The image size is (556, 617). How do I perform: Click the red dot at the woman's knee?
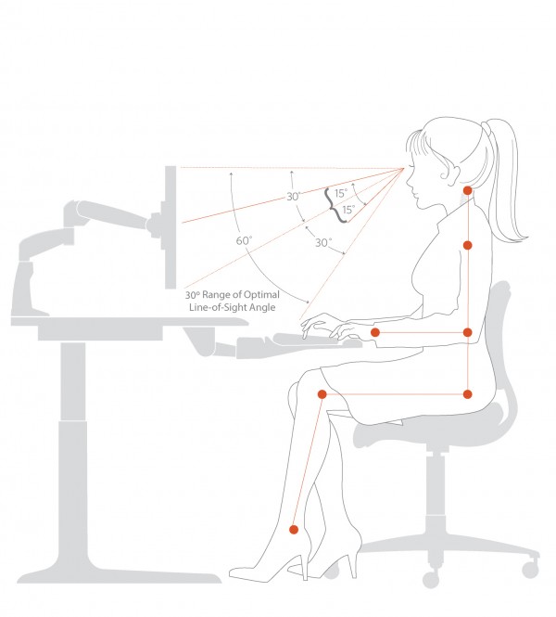tap(322, 394)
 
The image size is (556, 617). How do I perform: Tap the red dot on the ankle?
tap(294, 530)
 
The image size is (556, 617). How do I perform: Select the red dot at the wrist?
tap(375, 332)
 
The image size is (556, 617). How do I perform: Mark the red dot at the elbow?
tap(468, 332)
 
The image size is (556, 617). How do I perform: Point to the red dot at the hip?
tap(468, 394)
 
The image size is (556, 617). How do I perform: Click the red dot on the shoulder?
tap(468, 245)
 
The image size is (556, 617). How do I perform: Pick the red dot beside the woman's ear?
tap(468, 190)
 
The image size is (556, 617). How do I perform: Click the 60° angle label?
tap(244, 240)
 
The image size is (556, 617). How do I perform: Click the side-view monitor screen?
tap(171, 227)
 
